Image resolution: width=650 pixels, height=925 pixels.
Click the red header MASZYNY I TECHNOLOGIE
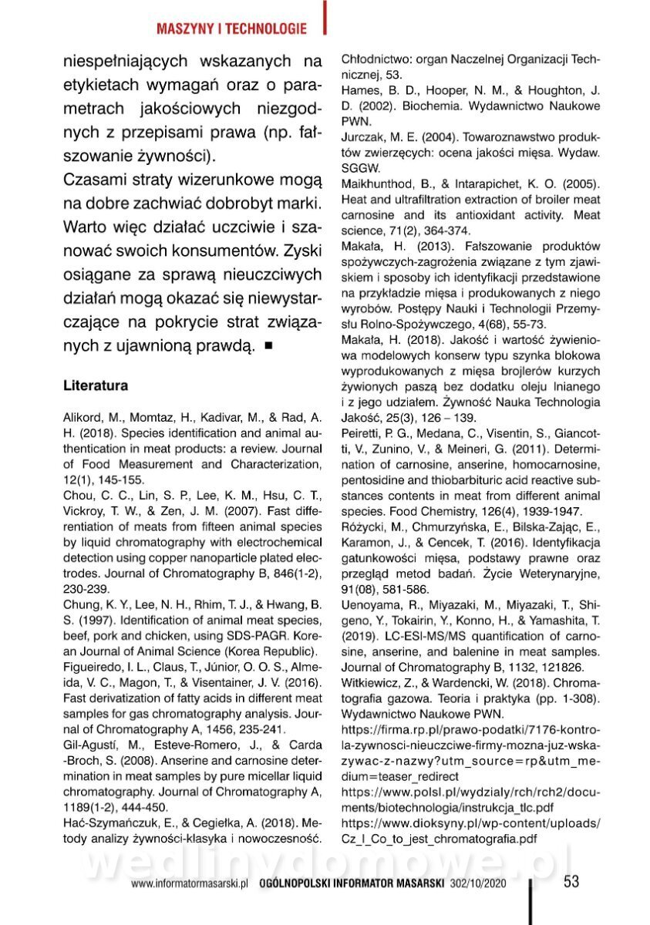tap(231, 29)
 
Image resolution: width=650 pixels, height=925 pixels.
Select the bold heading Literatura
tap(96, 384)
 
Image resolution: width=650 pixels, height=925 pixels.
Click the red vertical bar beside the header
tap(325, 17)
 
